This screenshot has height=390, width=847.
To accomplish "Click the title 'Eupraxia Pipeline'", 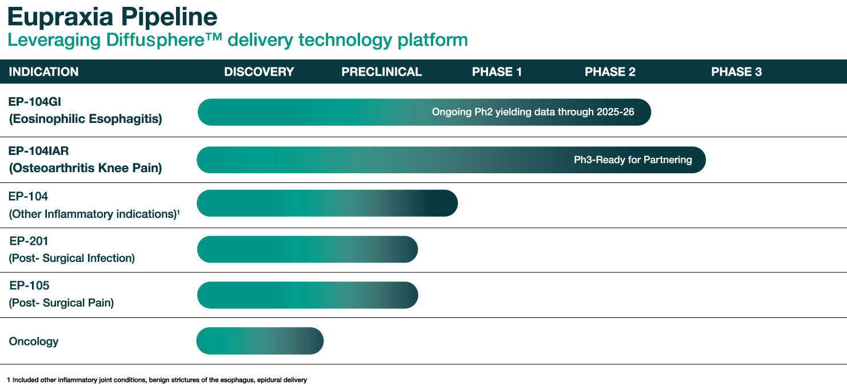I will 112,17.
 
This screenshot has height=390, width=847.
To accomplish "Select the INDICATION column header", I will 44,72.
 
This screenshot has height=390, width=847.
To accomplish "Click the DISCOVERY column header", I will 259,72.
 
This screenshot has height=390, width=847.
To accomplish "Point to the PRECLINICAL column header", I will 382,72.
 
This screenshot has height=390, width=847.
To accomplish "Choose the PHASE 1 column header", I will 497,72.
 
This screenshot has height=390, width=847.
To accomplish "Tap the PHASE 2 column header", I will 610,72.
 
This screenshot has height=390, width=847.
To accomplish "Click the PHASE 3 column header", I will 736,72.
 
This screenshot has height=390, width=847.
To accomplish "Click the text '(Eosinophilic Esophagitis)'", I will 85,119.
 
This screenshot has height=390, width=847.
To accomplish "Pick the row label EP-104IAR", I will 39,151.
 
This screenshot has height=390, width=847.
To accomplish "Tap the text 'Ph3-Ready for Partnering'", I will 633,160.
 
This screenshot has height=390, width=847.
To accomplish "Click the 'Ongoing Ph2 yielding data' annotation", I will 533,112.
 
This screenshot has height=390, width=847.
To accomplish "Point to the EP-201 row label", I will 29,241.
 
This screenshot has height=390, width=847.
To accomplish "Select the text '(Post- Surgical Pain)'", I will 61,303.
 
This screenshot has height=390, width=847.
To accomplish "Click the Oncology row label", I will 34,341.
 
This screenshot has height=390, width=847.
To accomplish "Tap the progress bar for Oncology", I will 259,341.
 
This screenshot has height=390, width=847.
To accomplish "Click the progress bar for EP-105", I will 307,295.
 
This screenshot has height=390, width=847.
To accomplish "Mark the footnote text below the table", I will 157,380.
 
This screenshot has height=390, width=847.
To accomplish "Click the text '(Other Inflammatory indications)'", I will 91,214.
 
